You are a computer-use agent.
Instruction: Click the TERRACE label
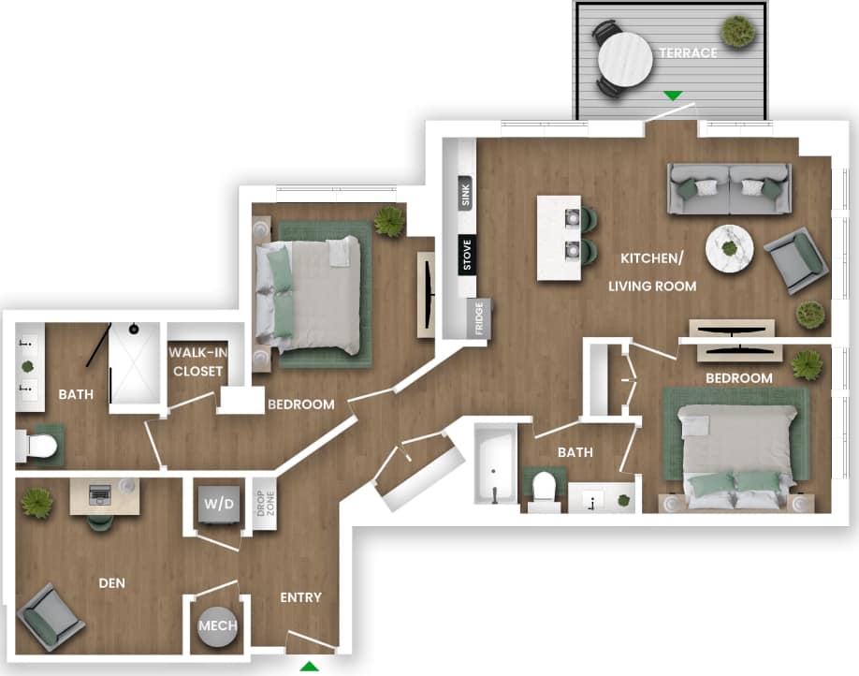[x=688, y=52]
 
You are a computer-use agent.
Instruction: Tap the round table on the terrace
[x=624, y=59]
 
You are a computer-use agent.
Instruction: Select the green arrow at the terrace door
[x=672, y=95]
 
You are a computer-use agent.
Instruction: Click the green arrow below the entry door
[x=309, y=666]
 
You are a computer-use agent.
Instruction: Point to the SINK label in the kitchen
[x=466, y=195]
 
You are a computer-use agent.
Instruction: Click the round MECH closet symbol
[x=217, y=626]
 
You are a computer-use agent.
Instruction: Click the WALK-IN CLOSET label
[x=197, y=361]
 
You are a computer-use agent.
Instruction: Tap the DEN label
[x=111, y=582]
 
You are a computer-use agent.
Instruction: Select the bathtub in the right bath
[x=495, y=463]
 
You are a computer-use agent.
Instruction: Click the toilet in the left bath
[x=38, y=447]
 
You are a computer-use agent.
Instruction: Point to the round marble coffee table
[x=730, y=247]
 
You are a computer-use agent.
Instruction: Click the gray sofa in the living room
[x=729, y=187]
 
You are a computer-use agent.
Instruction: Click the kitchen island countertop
[x=559, y=237]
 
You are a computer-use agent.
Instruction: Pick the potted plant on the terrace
[x=738, y=31]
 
